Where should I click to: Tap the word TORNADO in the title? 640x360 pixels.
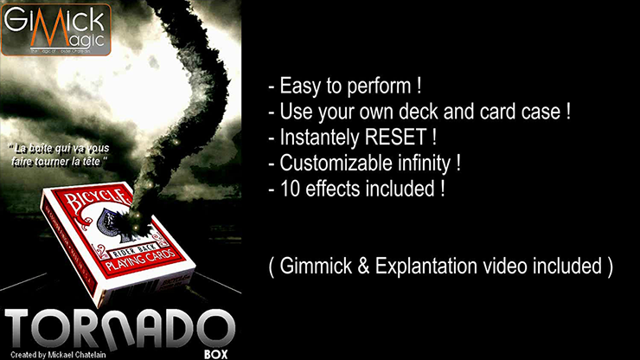tap(120, 326)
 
